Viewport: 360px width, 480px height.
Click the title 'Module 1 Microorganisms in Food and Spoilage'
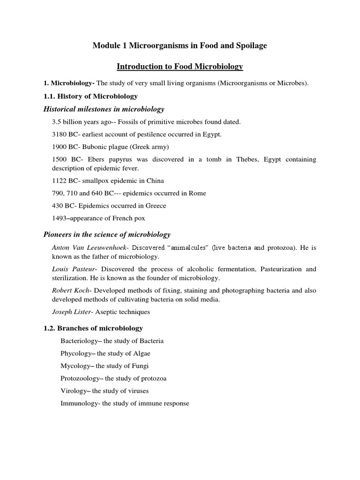[x=180, y=45]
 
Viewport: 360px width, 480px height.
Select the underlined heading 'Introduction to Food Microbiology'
[x=180, y=67]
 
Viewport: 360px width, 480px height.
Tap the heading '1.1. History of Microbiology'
[x=90, y=96]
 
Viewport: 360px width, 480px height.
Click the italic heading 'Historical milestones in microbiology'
[x=104, y=109]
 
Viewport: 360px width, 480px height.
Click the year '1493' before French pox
[x=60, y=217]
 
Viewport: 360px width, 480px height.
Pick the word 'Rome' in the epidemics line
[x=198, y=193]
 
